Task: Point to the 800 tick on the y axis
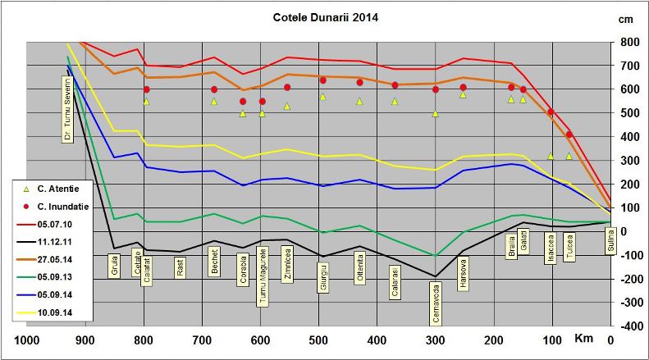(x=628, y=42)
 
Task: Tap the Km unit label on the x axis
(x=583, y=339)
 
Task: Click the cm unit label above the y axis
(x=628, y=18)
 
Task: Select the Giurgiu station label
(x=322, y=276)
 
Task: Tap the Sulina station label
(x=610, y=243)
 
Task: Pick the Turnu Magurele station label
(x=263, y=278)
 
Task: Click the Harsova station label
(x=463, y=273)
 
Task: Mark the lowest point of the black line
(x=435, y=276)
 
